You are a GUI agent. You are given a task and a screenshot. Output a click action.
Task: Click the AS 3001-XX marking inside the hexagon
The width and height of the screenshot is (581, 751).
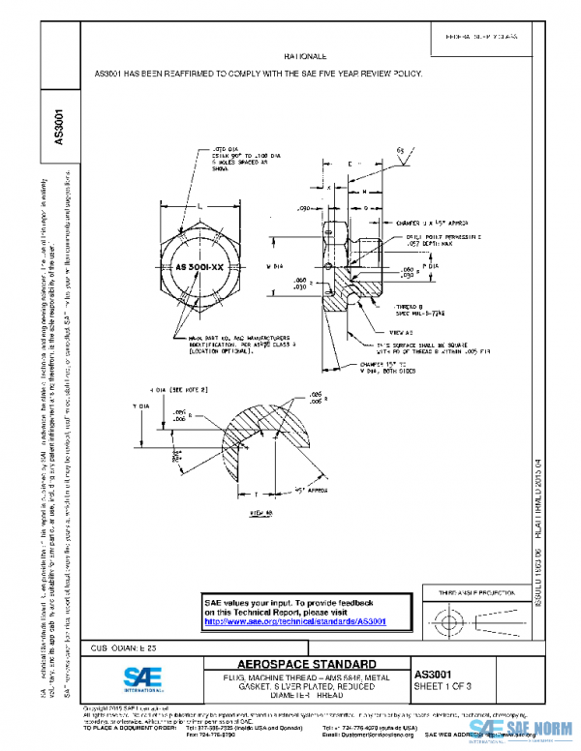pos(199,263)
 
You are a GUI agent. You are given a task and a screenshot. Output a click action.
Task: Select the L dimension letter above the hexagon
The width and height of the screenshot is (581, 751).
pos(199,207)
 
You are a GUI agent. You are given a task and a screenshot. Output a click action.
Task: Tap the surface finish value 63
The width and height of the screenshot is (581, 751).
pos(401,151)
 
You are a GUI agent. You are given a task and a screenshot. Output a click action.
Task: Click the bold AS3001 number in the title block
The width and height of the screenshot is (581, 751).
pos(434,672)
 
